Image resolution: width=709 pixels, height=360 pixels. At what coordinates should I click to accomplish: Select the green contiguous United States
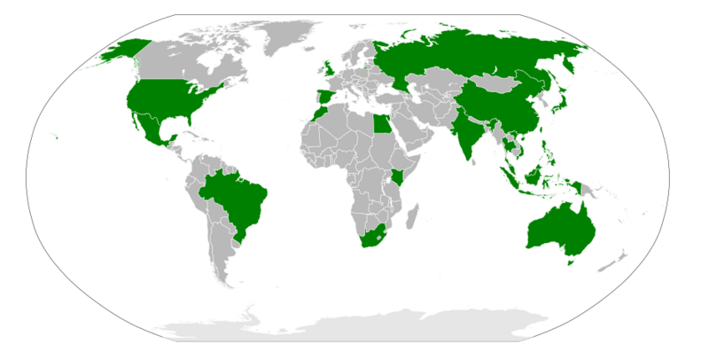coord(168,98)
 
